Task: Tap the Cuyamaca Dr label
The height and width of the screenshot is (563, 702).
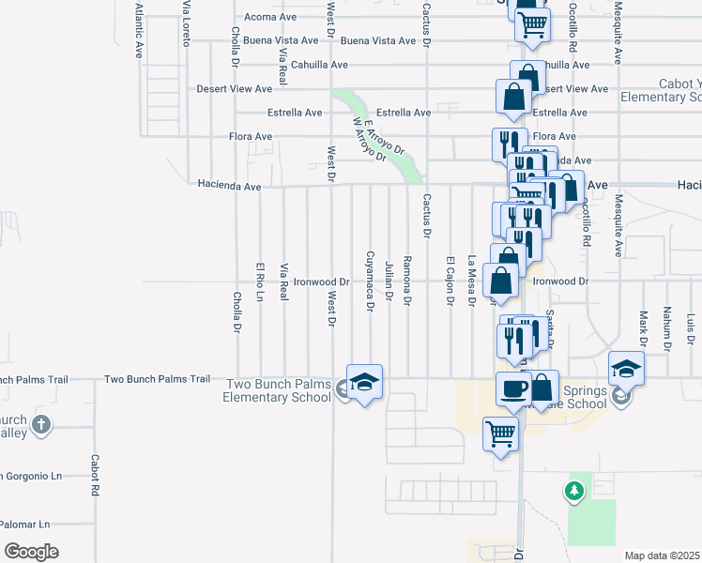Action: (370, 281)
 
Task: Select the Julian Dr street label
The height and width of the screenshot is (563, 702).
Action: (389, 282)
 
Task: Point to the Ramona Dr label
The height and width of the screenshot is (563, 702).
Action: (407, 281)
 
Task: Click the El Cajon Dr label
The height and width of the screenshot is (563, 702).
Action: (450, 281)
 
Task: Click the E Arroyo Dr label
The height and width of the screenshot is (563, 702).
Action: (384, 135)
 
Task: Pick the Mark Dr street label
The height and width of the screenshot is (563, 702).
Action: (644, 328)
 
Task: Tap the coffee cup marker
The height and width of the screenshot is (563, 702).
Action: (513, 388)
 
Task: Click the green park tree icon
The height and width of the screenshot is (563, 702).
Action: (573, 490)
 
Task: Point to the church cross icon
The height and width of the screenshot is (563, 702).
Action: (40, 425)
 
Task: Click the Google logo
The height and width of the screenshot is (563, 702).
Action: (31, 552)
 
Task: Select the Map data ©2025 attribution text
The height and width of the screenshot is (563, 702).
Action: (662, 555)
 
